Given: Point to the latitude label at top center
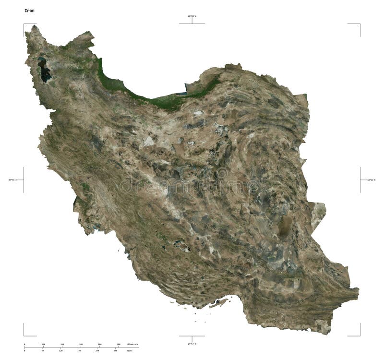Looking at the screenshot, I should click(x=192, y=16).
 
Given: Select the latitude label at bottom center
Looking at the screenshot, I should click(x=192, y=344).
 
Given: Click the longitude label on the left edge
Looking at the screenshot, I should click(x=12, y=180).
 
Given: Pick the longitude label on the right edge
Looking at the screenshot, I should click(x=372, y=180).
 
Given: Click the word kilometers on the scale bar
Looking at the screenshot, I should click(x=132, y=345).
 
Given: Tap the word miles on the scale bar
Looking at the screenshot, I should click(x=130, y=351).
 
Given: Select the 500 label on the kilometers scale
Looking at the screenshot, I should click(x=119, y=345).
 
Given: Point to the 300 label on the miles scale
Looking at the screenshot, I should click(x=115, y=351).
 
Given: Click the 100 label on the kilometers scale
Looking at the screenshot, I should click(x=43, y=345).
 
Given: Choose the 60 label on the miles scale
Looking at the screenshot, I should click(x=43, y=351).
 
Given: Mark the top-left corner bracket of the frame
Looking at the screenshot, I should click(x=24, y=24).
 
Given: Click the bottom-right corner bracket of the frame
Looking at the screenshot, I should click(x=359, y=335).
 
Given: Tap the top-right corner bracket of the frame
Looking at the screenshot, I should click(x=359, y=24).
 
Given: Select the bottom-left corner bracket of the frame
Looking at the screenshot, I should click(x=24, y=335).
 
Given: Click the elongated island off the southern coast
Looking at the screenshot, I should click(x=218, y=303).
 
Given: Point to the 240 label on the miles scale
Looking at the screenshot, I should click(x=97, y=351).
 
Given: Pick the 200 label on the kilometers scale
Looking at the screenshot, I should click(x=62, y=345).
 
